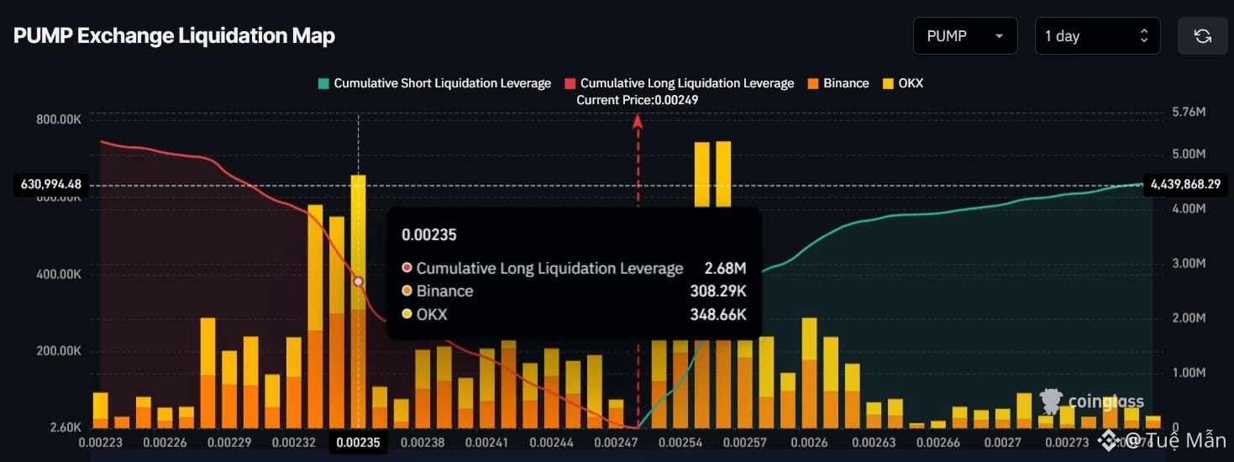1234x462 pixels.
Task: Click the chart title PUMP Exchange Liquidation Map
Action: [174, 36]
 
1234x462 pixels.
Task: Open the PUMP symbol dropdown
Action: [964, 36]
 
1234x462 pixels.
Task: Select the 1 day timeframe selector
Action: [1097, 36]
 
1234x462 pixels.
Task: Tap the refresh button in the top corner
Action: [1202, 36]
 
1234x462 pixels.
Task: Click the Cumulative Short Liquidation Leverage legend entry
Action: [433, 83]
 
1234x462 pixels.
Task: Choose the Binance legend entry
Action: [838, 83]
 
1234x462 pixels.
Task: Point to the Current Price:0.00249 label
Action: [638, 100]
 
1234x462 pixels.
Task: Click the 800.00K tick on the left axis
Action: [59, 119]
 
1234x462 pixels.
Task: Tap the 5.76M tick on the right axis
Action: [1188, 112]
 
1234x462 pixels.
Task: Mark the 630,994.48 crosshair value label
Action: [51, 185]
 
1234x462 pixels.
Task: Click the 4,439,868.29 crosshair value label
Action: [1184, 185]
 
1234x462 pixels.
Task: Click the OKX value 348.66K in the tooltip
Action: [720, 314]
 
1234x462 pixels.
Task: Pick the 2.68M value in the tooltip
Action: [726, 269]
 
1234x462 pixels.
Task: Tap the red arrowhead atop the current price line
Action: [638, 121]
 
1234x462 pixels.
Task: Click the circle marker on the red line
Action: [359, 282]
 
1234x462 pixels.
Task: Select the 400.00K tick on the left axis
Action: [59, 275]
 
